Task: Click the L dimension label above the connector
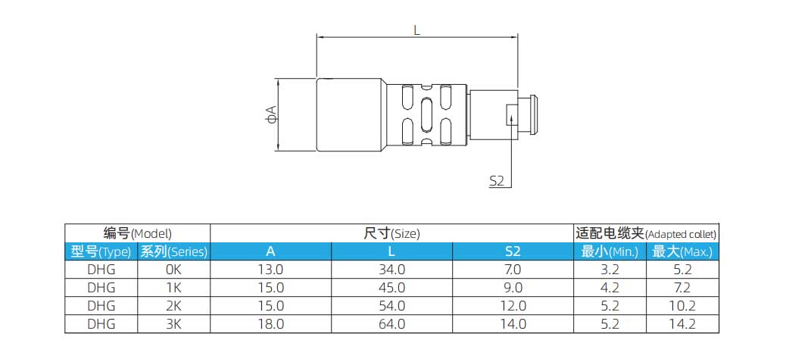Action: tap(417, 30)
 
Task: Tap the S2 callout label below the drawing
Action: tap(497, 180)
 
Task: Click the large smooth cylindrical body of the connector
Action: tap(350, 114)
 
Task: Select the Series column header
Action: tap(173, 251)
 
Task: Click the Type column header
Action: tap(101, 251)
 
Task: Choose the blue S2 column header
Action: tap(512, 251)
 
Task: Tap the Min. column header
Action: tap(610, 251)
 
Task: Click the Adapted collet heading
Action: tap(646, 233)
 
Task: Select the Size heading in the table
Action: tap(391, 233)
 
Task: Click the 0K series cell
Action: tap(173, 270)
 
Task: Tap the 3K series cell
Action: tap(173, 324)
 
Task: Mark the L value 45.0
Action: tap(391, 288)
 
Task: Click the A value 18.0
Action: tap(270, 324)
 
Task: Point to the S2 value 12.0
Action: tap(512, 306)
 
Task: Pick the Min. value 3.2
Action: tap(610, 270)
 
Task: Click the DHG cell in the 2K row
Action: tap(101, 306)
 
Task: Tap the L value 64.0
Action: tap(391, 324)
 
